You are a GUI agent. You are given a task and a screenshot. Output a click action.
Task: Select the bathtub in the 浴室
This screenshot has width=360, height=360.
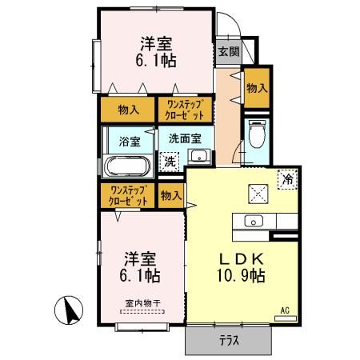point(127,167)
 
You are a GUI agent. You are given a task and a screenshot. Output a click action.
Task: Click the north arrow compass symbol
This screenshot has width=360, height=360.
point(70,309)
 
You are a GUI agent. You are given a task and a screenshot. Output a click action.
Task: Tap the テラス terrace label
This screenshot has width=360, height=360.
point(230,339)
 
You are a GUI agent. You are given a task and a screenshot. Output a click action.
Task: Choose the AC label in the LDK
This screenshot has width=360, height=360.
point(285,310)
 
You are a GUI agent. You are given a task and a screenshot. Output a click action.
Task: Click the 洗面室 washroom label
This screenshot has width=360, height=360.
point(186,137)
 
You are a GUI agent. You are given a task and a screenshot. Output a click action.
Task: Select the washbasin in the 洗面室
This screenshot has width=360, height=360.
point(201,156)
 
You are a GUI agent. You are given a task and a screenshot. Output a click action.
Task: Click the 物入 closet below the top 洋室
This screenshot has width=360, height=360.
point(128,108)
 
